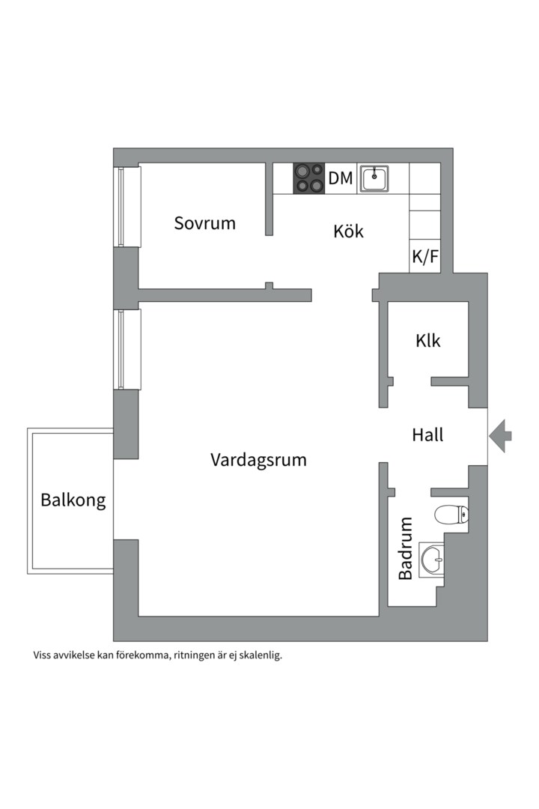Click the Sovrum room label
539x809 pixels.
(x=204, y=223)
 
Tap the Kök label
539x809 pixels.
(x=348, y=231)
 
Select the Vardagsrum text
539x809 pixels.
(x=258, y=460)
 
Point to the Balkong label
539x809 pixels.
(x=73, y=500)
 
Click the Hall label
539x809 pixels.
(x=427, y=434)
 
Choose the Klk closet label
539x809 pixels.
(x=428, y=341)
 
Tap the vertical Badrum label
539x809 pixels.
(x=406, y=548)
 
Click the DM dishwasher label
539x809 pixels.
(x=341, y=178)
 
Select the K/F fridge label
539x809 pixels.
(x=425, y=257)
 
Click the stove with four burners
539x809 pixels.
(x=309, y=178)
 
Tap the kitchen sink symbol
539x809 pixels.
(x=374, y=178)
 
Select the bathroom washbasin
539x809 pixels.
(x=431, y=559)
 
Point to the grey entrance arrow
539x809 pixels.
(x=500, y=434)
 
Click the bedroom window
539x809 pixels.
(x=127, y=206)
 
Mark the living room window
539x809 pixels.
(x=127, y=349)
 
